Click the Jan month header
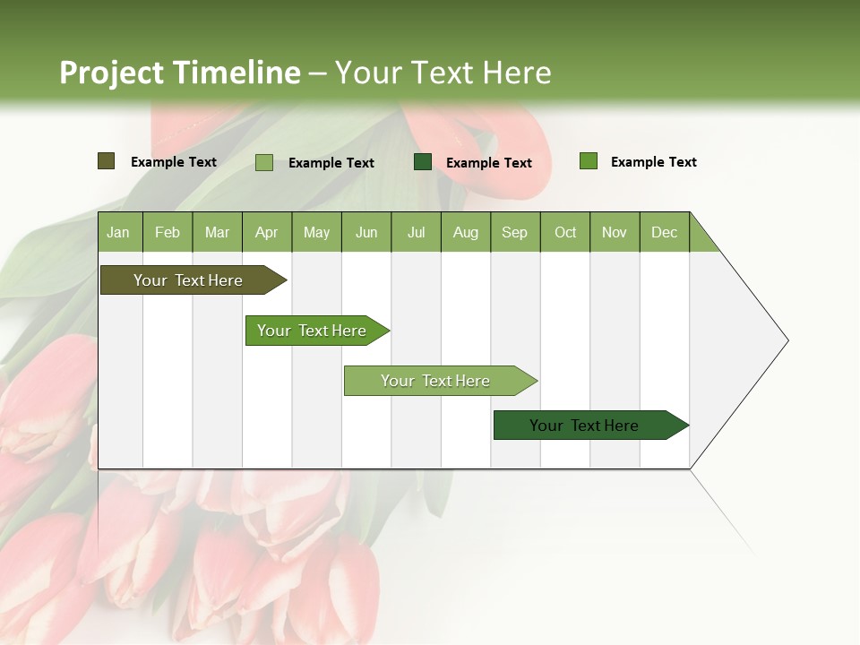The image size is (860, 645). point(118,232)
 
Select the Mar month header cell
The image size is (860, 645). point(217,232)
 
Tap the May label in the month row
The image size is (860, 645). point(316,232)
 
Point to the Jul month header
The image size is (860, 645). point(416,232)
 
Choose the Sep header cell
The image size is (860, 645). point(514,232)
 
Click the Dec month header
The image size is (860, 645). point(664,232)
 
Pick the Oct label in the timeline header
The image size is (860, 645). point(565,232)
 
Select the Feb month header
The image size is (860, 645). point(168,232)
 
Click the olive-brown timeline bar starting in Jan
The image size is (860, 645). point(188,280)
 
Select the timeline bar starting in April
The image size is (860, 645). point(312,331)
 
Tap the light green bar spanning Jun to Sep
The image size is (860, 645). point(435,381)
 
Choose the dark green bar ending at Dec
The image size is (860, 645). point(584,426)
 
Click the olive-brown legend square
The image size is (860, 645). point(107,161)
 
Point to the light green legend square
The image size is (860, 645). point(264,162)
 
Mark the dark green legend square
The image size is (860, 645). point(423,162)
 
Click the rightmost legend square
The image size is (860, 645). point(588,161)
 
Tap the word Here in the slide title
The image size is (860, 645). point(517,73)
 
